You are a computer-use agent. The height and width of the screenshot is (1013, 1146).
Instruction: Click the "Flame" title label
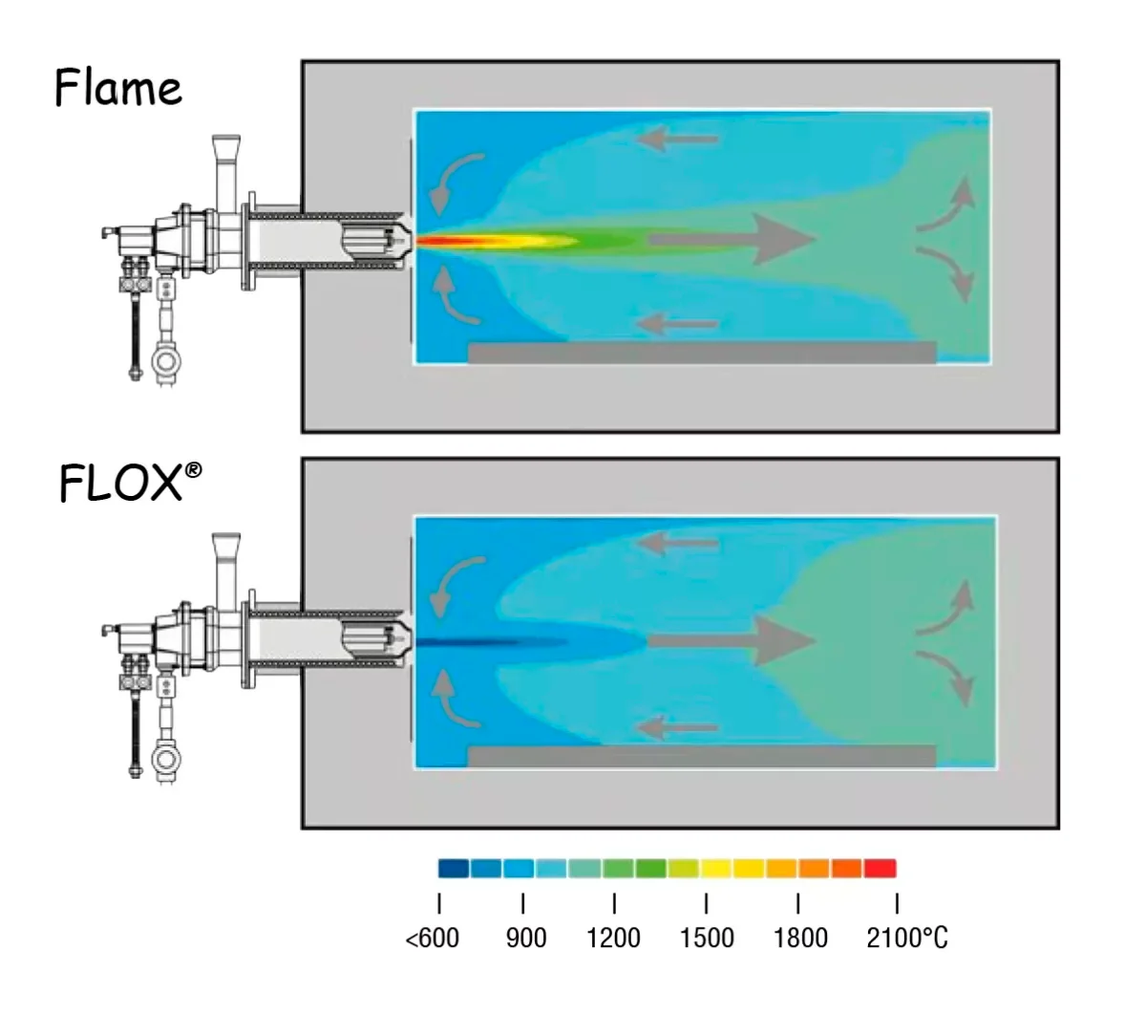coord(117,88)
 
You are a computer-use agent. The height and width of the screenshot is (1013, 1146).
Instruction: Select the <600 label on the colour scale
coord(433,938)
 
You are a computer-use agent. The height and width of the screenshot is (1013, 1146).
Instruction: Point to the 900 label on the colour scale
coord(526,938)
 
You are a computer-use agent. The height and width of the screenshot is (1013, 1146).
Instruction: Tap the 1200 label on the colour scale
coord(613,938)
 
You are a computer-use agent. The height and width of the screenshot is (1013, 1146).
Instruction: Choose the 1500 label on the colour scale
coord(707,938)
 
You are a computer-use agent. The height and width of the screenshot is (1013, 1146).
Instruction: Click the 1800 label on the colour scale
coord(800,938)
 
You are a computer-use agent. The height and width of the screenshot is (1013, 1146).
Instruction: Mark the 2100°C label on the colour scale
coord(906,938)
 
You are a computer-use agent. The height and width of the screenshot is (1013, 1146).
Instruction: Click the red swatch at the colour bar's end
coord(880,869)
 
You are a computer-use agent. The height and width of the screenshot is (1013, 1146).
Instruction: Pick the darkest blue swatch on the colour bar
coord(454,869)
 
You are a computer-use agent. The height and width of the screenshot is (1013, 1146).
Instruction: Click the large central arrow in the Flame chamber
coord(735,239)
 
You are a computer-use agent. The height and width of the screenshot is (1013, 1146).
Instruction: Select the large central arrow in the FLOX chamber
coord(735,639)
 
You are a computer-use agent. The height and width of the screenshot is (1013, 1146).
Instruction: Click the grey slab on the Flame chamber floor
coord(702,352)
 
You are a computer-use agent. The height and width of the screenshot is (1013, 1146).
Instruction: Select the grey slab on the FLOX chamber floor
coord(702,756)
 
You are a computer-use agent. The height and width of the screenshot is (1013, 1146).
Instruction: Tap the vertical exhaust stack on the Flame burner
coord(225,172)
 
